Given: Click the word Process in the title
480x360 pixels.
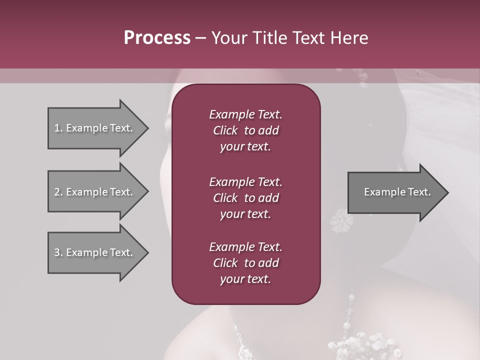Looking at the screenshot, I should pyautogui.click(x=157, y=38).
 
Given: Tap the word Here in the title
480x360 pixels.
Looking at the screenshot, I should pyautogui.click(x=349, y=38).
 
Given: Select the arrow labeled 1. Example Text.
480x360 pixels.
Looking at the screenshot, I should pyautogui.click(x=95, y=128).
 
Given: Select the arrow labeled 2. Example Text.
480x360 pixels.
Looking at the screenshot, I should pyautogui.click(x=95, y=192).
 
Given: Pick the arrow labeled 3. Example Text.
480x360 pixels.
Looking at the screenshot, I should pyautogui.click(x=95, y=252).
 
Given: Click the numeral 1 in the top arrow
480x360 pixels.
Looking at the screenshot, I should pyautogui.click(x=56, y=128).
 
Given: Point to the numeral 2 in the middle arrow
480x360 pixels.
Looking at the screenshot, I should pyautogui.click(x=56, y=192).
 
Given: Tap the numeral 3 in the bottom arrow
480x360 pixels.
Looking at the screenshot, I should pyautogui.click(x=56, y=252).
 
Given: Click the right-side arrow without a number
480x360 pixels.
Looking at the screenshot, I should pyautogui.click(x=395, y=192).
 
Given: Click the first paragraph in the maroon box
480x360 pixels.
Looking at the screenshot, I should pyautogui.click(x=245, y=130).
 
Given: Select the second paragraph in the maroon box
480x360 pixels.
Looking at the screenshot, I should pyautogui.click(x=245, y=198).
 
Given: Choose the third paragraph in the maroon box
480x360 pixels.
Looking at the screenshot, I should pyautogui.click(x=245, y=263).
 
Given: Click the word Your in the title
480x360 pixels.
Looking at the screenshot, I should pyautogui.click(x=227, y=38).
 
